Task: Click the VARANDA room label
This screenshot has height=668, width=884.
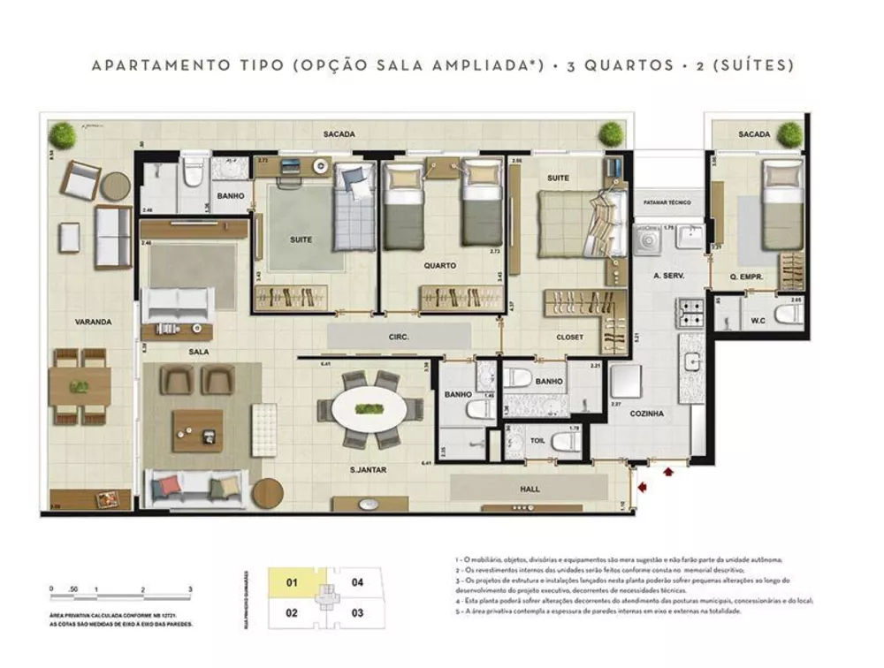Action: [x=93, y=323]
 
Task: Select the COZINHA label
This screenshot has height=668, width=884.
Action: [x=647, y=414]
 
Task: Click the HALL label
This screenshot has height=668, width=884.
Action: [x=530, y=489]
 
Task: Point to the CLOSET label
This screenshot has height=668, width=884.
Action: [x=569, y=337]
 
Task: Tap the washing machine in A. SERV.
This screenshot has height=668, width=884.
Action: [x=648, y=239]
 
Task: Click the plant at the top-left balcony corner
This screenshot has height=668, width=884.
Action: [x=63, y=135]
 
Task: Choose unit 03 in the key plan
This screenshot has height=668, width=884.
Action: [x=357, y=611]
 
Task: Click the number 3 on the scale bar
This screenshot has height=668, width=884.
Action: [x=190, y=588]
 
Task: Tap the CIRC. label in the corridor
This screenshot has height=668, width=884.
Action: [x=398, y=337]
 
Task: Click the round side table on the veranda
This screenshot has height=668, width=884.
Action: [x=115, y=186]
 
